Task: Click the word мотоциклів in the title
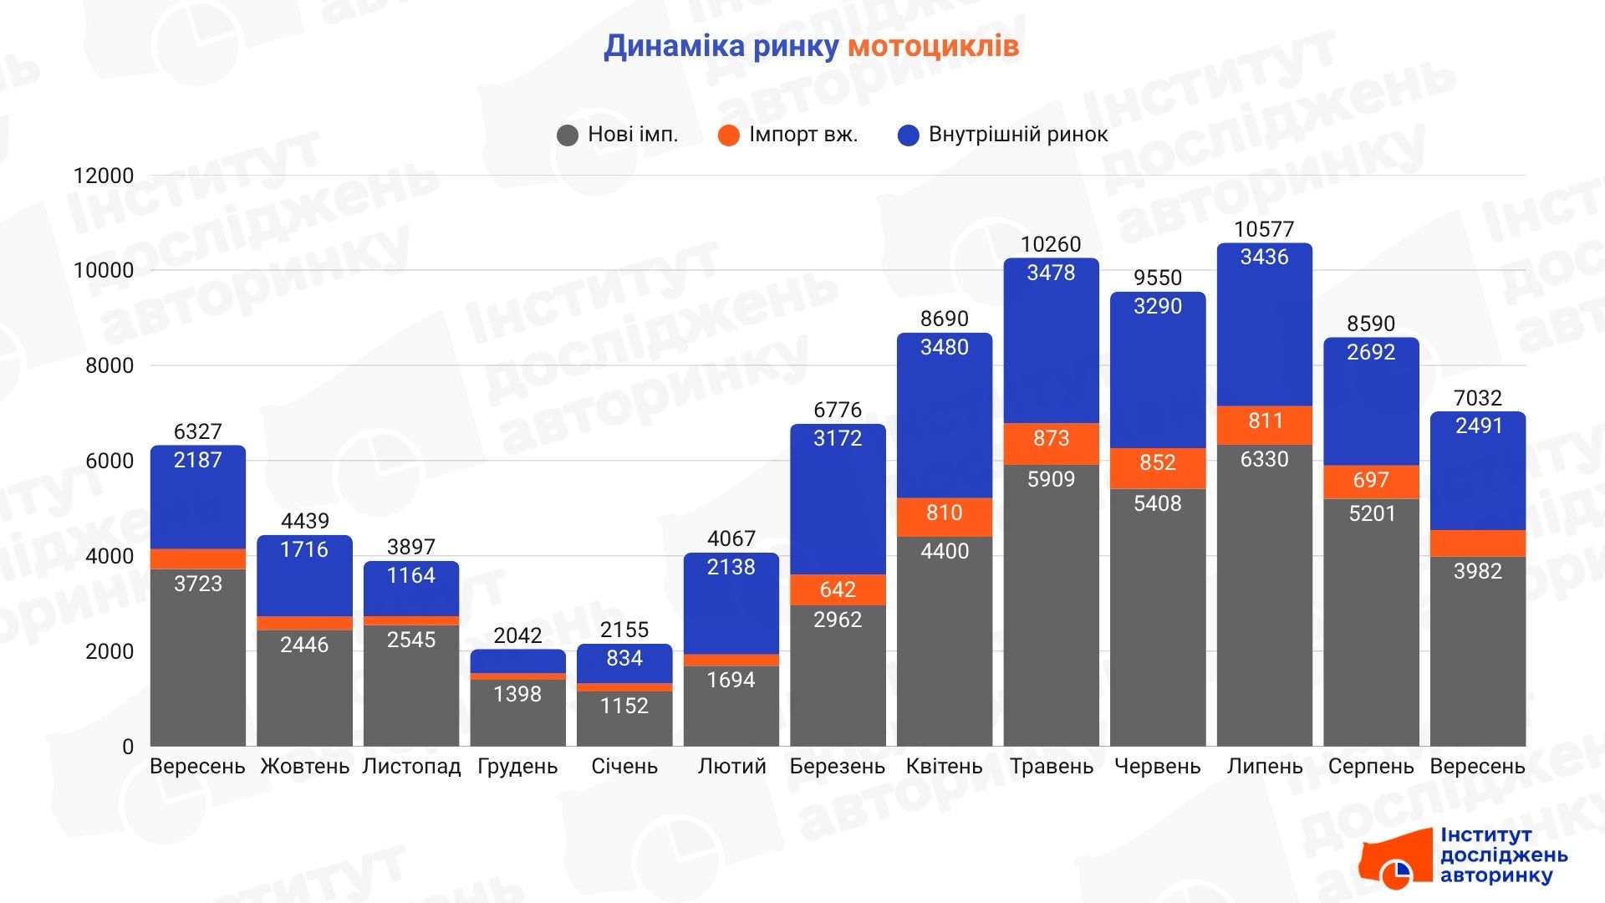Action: coord(933,46)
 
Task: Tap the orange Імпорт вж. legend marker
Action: coord(728,135)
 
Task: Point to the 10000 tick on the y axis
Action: coord(104,270)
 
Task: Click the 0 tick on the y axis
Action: coord(128,746)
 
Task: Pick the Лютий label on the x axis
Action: coord(731,766)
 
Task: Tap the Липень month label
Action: coord(1264,766)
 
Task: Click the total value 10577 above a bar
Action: coord(1264,229)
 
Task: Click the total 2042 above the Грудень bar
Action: coord(517,635)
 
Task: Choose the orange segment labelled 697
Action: coord(1371,482)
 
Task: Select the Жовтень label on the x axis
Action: coord(304,766)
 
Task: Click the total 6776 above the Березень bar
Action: coord(838,410)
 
